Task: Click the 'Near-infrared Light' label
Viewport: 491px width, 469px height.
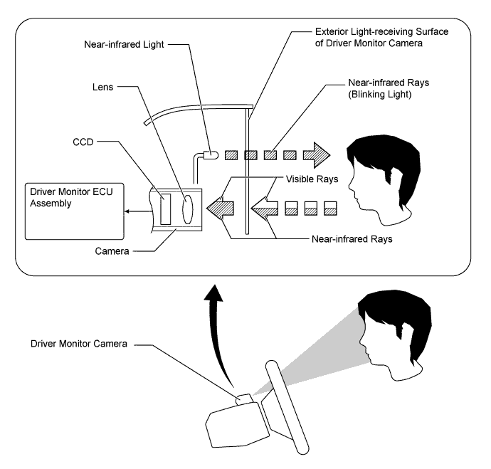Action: click(x=124, y=44)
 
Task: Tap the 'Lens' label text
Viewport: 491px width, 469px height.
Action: click(x=102, y=87)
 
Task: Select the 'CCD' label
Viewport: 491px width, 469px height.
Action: click(x=83, y=142)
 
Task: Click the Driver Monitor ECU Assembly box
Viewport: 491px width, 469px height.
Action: click(x=75, y=211)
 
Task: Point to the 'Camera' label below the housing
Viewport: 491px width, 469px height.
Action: click(x=112, y=251)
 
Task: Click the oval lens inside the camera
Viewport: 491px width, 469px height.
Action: click(x=188, y=209)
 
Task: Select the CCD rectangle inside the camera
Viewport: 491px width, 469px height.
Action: click(x=166, y=209)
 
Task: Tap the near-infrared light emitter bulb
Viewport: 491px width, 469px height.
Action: click(x=211, y=154)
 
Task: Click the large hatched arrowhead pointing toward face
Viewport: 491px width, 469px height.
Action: click(x=317, y=155)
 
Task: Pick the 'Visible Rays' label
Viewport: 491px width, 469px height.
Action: click(x=312, y=179)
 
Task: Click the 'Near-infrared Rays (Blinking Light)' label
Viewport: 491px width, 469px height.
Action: click(x=389, y=88)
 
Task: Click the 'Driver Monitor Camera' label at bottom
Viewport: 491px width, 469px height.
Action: click(x=79, y=344)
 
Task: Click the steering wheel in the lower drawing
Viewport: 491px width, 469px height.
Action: click(x=287, y=407)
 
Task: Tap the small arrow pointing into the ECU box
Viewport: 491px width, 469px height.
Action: click(x=138, y=211)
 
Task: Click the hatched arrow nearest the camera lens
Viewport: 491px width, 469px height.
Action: click(x=220, y=209)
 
